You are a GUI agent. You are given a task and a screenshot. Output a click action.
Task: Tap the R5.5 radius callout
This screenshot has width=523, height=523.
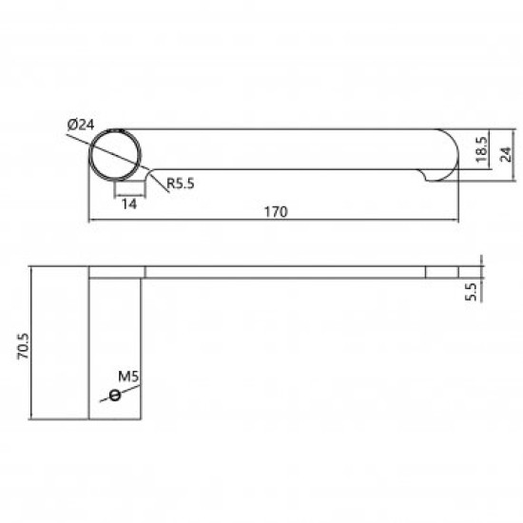pyautogui.click(x=180, y=184)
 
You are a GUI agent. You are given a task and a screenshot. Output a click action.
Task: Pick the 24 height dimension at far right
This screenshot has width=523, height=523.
pyautogui.click(x=505, y=151)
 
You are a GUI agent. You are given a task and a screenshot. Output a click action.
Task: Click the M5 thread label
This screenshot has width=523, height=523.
pyautogui.click(x=130, y=377)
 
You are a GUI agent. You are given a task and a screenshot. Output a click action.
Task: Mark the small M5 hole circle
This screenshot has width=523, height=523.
pyautogui.click(x=116, y=395)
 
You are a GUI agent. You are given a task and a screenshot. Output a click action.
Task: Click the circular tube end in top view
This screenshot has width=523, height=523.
pyautogui.click(x=117, y=153)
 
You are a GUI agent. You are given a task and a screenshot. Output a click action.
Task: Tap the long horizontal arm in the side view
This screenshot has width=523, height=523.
pyautogui.click(x=285, y=273)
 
